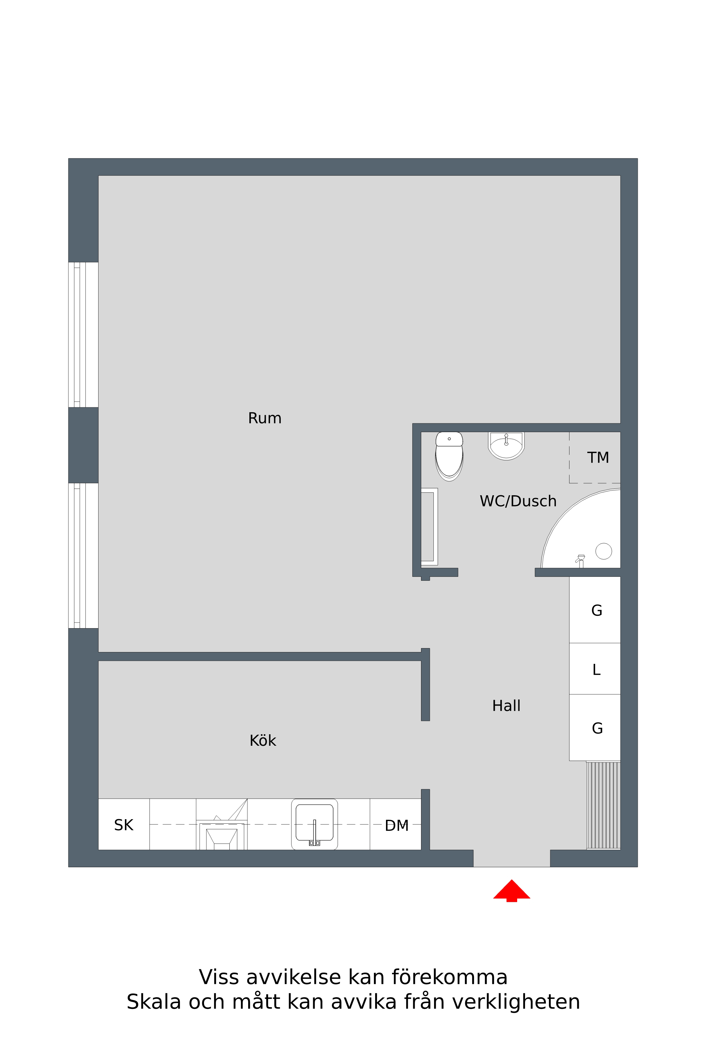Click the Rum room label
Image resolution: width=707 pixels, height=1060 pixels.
point(265,418)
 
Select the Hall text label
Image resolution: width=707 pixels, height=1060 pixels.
point(506,706)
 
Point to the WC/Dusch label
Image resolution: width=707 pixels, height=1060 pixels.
point(518,501)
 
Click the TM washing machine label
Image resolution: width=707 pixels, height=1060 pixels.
point(598,457)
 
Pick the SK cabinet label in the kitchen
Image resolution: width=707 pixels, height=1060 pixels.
point(124,825)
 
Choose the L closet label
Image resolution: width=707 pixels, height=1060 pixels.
point(597,670)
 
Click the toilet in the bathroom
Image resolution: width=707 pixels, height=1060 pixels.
point(449,456)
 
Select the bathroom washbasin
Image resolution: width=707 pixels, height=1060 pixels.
point(506,445)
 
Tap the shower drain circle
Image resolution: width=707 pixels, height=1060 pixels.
point(604,551)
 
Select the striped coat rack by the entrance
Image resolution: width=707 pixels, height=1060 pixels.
point(603,805)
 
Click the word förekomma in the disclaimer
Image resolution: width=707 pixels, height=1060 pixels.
point(449,977)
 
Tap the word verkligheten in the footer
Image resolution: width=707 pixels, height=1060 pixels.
point(516,1002)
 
